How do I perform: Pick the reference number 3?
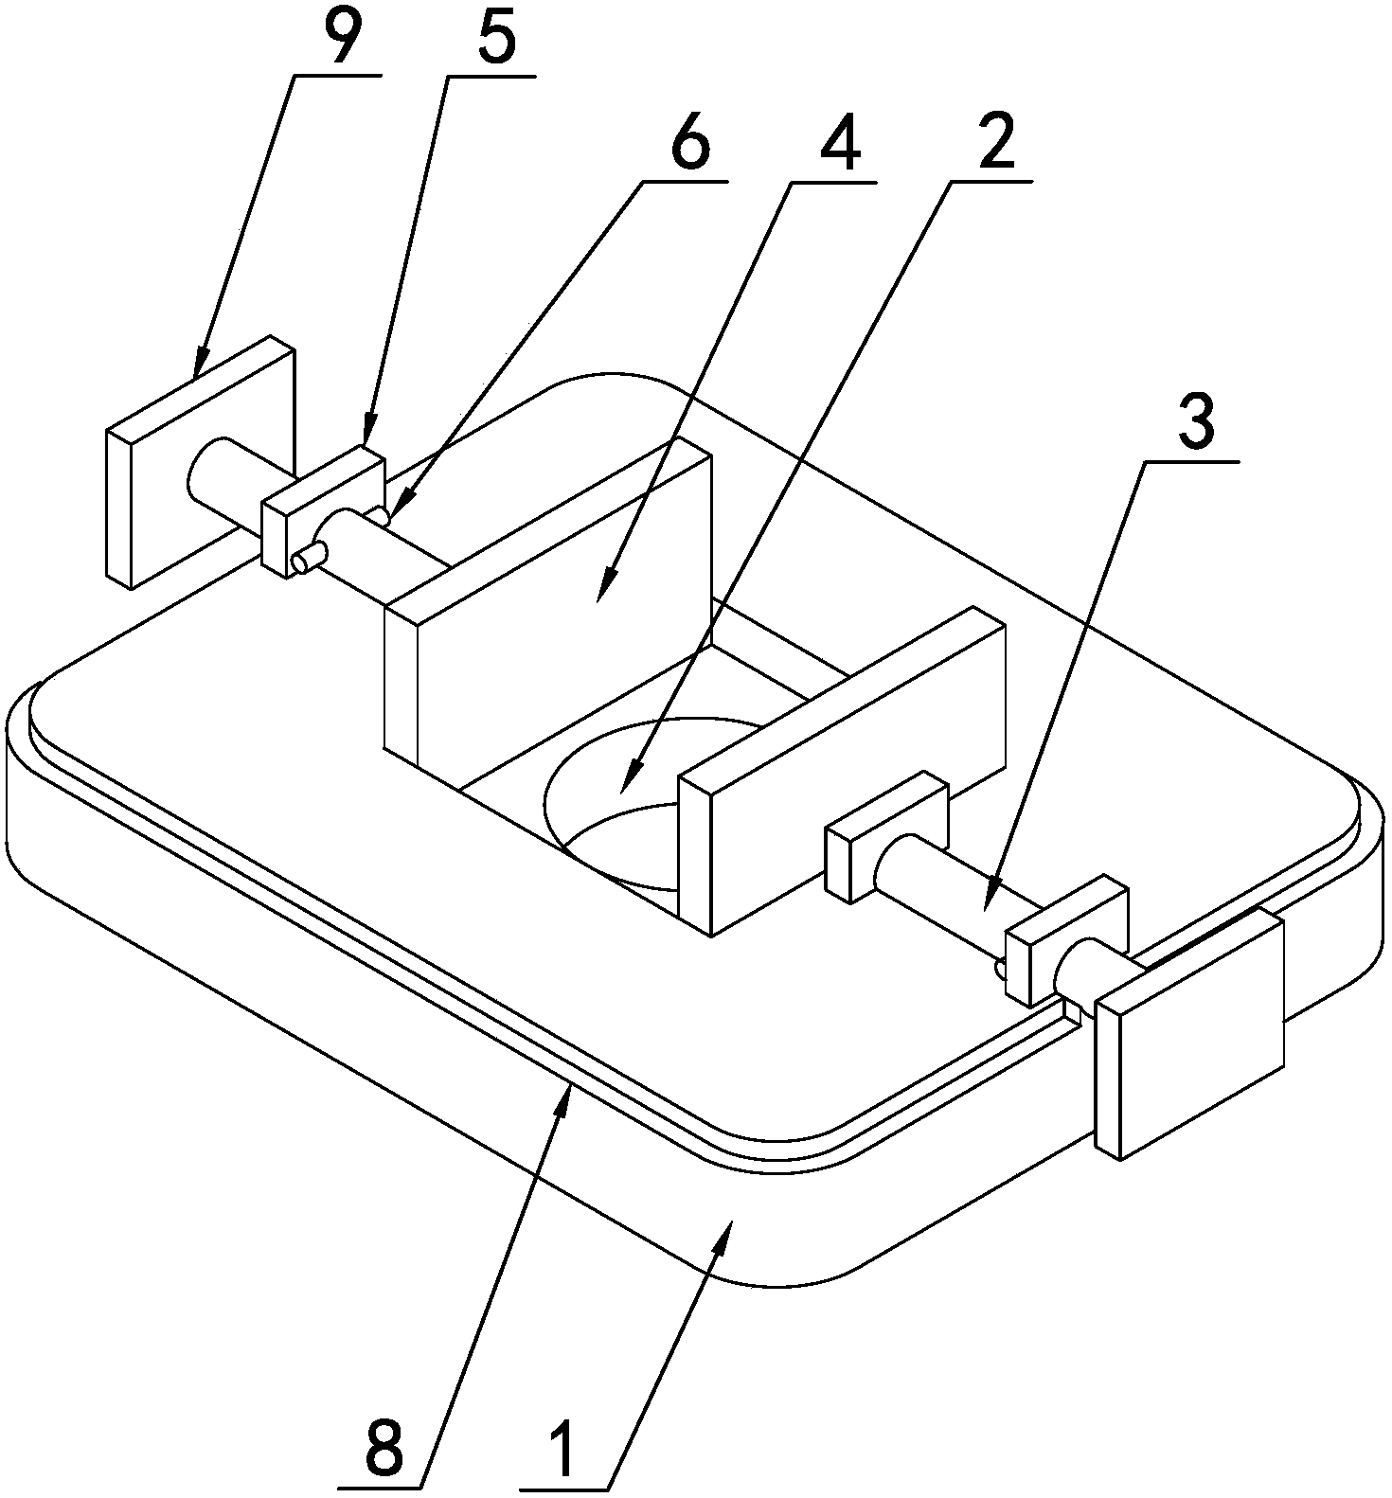point(1196,424)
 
